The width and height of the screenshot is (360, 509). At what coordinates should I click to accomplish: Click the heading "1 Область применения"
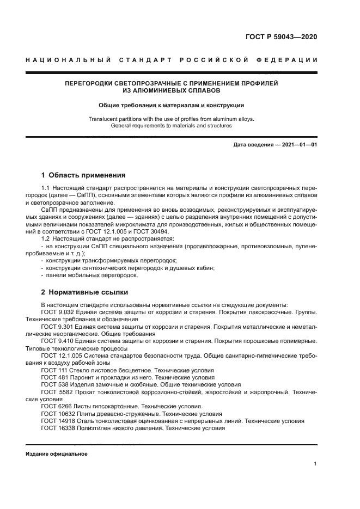(83, 175)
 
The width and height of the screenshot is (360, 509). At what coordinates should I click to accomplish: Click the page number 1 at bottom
(315, 464)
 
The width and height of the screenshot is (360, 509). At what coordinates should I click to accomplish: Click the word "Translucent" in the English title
(103, 118)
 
